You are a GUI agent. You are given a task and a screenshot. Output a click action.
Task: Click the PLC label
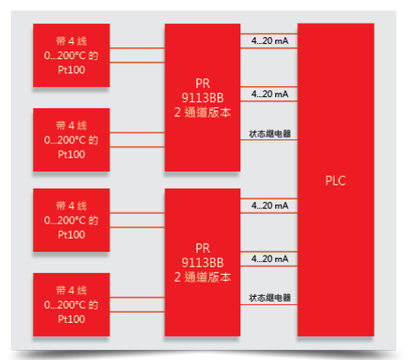coord(336,180)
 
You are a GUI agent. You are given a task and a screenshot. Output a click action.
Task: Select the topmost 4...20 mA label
coord(270,40)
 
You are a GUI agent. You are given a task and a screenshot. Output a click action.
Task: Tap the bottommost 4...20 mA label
coord(270,259)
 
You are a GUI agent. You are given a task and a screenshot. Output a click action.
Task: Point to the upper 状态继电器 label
coord(270,133)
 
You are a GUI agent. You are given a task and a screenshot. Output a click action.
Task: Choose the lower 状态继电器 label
coord(270,298)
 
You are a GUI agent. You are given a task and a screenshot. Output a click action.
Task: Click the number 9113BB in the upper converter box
coord(202,98)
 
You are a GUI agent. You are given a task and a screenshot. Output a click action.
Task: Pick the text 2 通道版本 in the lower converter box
coord(202,277)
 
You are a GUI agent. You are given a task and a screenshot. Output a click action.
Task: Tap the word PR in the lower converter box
coord(202,249)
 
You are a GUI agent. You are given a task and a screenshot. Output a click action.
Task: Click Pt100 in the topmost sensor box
coord(72,70)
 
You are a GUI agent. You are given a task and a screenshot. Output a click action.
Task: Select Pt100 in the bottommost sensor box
coord(72,319)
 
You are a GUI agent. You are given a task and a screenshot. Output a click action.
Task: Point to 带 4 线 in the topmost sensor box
coord(72,41)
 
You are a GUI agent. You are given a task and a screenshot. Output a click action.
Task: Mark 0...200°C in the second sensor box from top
coord(65,140)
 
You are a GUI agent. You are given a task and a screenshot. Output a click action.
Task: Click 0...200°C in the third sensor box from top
coord(65,220)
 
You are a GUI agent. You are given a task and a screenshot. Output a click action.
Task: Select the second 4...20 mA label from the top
coord(270,94)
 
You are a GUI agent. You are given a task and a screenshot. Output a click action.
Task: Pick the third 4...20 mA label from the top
coord(270,206)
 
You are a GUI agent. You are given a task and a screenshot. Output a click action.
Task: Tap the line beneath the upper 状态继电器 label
coord(269,140)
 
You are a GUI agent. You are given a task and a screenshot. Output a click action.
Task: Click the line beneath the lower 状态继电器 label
coord(269,304)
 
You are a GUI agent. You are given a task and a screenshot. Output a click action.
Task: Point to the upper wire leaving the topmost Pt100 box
coord(137,48)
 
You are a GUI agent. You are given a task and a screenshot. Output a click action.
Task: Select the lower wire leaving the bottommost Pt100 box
coord(137,312)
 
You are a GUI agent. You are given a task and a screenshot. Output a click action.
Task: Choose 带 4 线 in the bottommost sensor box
coord(72,290)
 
